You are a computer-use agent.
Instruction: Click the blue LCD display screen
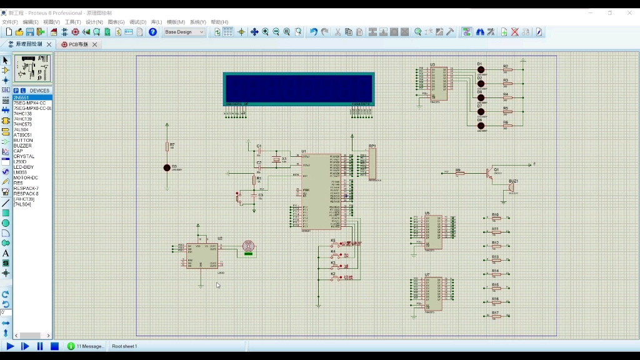[x=299, y=88]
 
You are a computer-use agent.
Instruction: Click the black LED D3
[x=167, y=167]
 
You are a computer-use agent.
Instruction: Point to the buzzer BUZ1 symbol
[x=511, y=187]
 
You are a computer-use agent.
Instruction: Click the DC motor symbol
[x=248, y=246]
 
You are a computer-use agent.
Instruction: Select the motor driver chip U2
[x=202, y=256]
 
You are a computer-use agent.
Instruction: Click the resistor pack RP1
[x=372, y=164]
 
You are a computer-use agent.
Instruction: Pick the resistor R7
[x=167, y=146]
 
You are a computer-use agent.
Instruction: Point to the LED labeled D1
[x=481, y=70]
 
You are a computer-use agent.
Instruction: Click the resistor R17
[x=496, y=316]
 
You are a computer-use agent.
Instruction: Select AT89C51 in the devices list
[x=23, y=135]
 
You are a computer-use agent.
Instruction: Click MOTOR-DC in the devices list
[x=26, y=177]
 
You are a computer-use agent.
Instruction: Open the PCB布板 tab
[x=78, y=44]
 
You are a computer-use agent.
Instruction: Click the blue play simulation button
[x=10, y=346]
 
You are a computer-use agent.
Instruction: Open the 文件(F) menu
[x=10, y=22]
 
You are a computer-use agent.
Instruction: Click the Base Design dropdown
[x=184, y=32]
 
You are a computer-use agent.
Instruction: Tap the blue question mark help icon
[x=152, y=32]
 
